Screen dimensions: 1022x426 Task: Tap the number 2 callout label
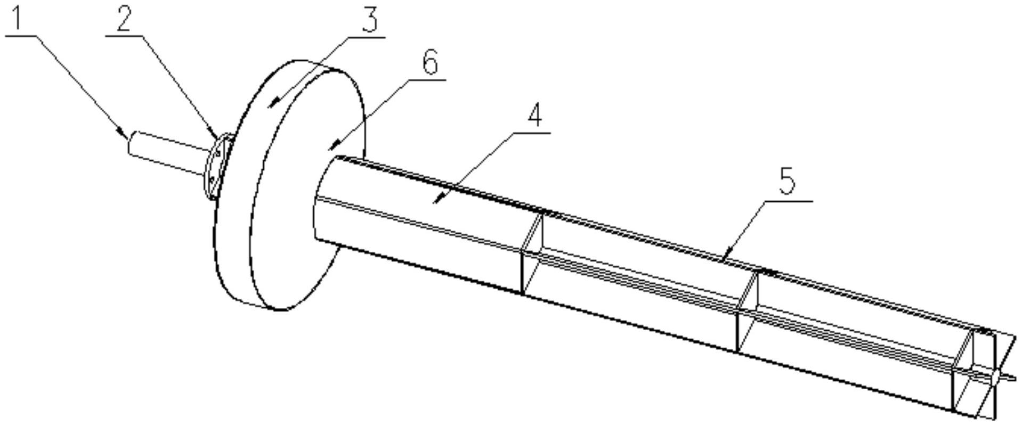(x=124, y=20)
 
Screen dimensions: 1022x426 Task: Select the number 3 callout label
(x=369, y=19)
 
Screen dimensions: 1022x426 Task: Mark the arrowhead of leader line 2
(x=213, y=133)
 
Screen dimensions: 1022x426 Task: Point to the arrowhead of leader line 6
(x=332, y=144)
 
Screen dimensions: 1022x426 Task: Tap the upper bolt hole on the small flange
(x=218, y=154)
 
